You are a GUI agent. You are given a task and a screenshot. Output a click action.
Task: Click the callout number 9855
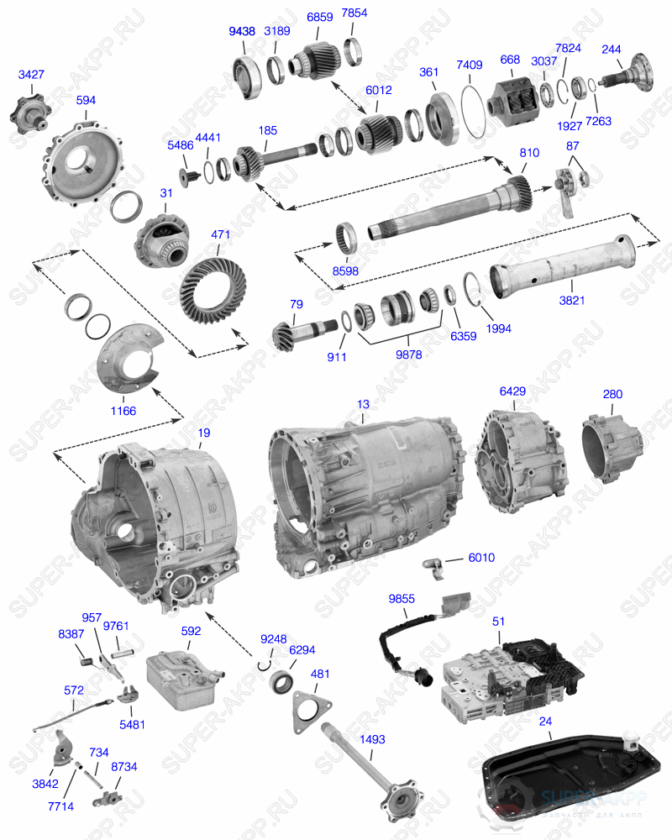(402, 598)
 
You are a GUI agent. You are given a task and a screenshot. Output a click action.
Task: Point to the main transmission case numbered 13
(370, 496)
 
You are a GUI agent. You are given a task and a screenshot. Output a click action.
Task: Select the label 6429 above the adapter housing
(512, 392)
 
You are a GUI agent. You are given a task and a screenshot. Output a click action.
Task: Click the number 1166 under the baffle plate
(123, 411)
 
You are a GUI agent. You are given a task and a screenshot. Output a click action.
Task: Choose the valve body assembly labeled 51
(504, 672)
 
